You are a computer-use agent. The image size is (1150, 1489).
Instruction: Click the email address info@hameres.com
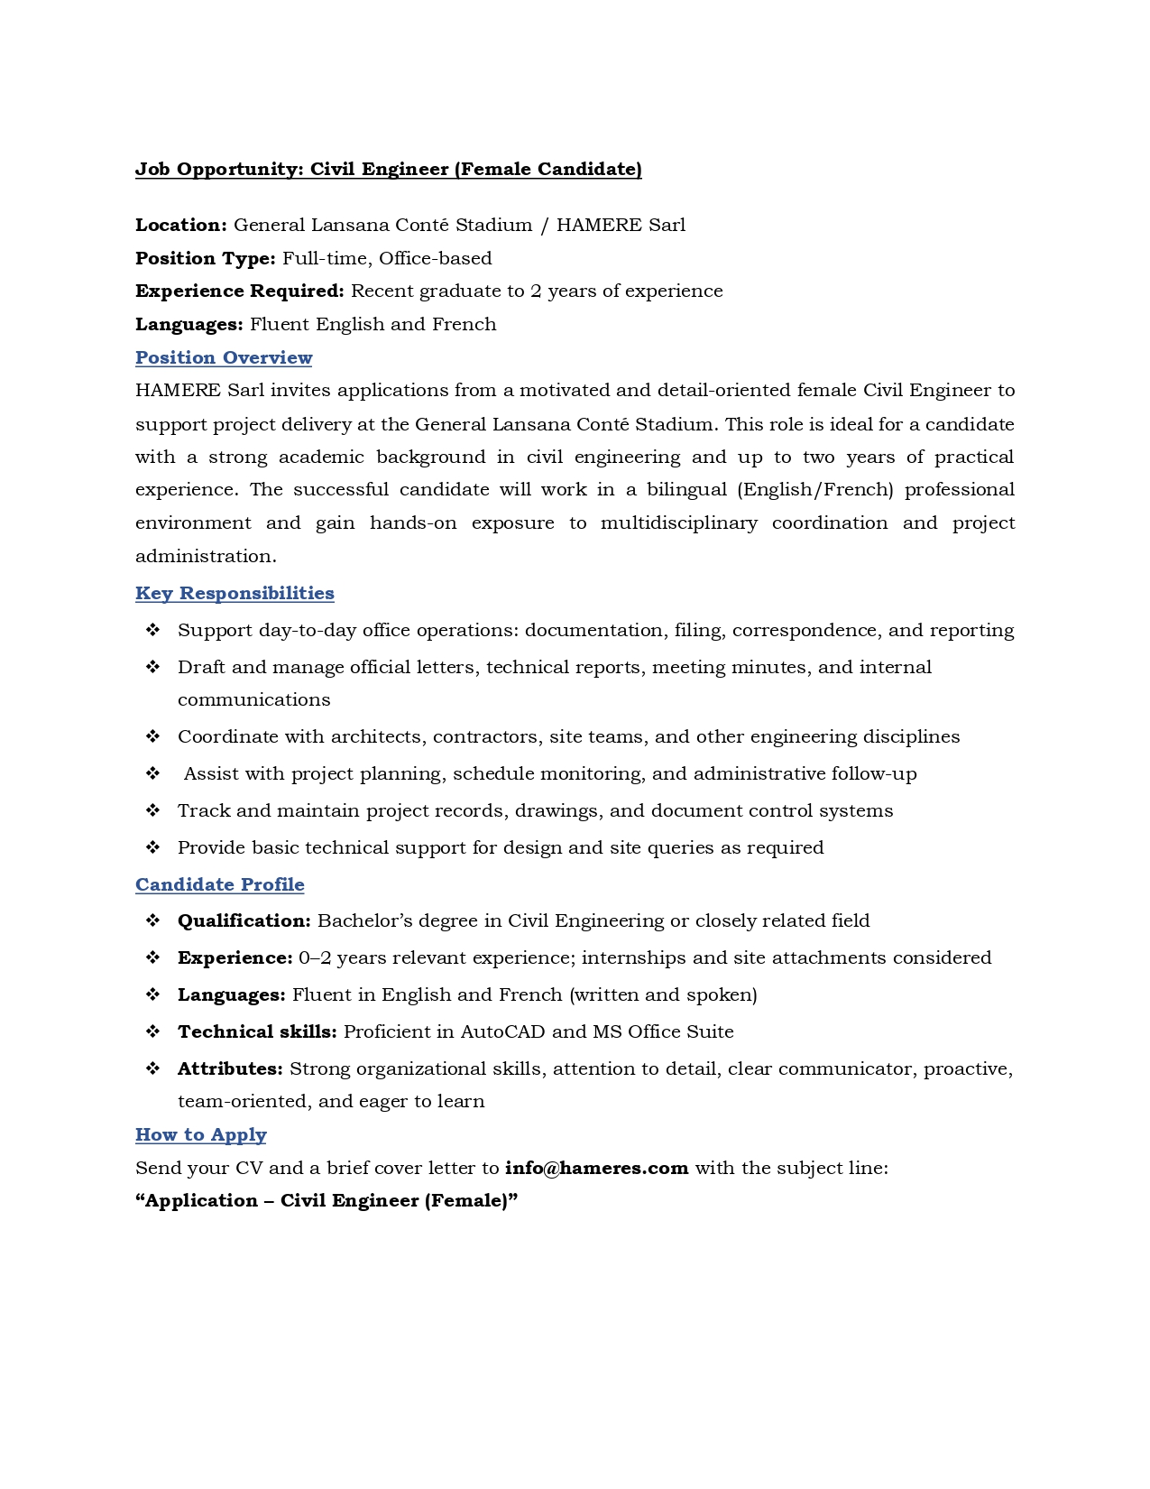point(596,1168)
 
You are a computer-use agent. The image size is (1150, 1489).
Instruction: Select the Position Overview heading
point(224,357)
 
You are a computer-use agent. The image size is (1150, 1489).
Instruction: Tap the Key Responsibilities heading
point(235,593)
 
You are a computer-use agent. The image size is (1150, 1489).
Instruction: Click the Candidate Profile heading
point(220,884)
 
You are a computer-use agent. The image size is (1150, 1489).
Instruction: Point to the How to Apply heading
point(201,1134)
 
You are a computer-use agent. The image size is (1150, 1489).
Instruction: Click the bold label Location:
point(181,225)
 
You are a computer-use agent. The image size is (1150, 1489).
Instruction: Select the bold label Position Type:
point(206,258)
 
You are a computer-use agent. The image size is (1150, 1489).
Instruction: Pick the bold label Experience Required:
point(240,291)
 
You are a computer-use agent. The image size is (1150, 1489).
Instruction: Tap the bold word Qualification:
point(244,920)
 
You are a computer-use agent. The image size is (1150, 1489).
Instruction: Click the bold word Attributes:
point(231,1068)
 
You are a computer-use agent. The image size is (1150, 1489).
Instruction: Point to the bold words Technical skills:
point(257,1031)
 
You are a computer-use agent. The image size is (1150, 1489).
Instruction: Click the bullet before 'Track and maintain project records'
point(153,810)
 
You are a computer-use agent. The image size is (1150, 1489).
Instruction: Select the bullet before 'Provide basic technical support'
point(153,847)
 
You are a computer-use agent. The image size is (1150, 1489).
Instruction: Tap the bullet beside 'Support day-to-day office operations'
point(153,630)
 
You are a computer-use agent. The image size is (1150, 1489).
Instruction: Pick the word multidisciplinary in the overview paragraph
point(678,523)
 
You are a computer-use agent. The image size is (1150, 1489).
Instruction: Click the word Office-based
point(435,258)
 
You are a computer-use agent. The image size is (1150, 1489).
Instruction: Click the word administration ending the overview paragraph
point(205,556)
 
